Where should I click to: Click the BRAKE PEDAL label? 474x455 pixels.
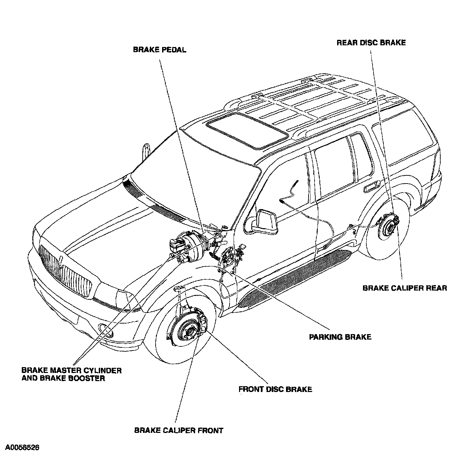(159, 50)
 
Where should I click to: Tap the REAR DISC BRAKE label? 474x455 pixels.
(371, 43)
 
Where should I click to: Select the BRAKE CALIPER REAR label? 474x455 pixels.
(405, 288)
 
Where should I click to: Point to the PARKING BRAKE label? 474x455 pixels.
(340, 337)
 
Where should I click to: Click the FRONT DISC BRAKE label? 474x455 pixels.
(275, 389)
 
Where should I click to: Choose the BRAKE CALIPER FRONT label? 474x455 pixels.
(178, 430)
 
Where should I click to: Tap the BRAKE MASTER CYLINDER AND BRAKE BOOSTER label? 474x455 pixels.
(72, 374)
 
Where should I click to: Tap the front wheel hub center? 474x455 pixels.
(188, 330)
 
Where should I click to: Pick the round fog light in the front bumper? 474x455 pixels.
(102, 328)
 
